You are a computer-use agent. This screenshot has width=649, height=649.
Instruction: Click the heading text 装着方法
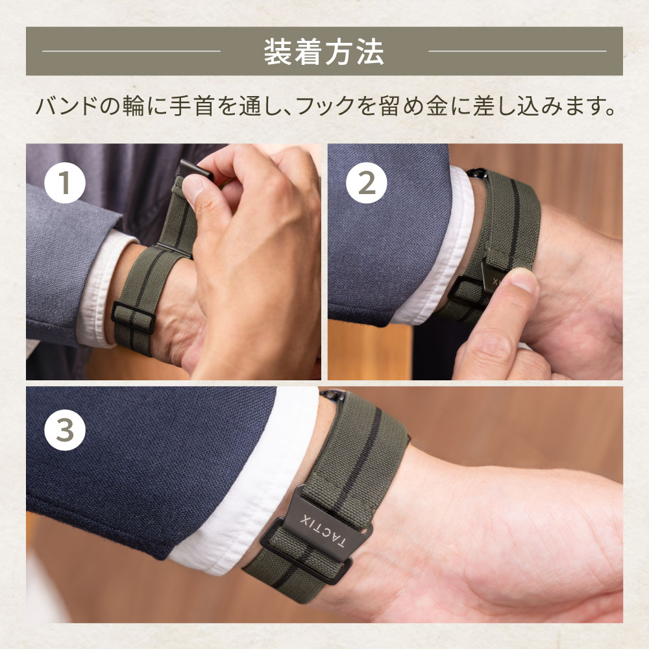tap(324, 52)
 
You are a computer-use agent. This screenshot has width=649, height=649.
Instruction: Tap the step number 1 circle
tap(64, 182)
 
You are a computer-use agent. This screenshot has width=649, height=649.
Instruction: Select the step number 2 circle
tap(366, 182)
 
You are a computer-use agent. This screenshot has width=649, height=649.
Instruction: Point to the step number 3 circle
tap(64, 430)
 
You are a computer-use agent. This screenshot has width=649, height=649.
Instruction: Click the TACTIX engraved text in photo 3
tap(322, 532)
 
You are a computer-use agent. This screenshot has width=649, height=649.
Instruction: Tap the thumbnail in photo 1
tap(193, 188)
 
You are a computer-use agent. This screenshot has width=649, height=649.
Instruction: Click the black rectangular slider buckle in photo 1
tap(134, 318)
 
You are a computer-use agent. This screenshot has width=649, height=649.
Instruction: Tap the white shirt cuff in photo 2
tap(439, 249)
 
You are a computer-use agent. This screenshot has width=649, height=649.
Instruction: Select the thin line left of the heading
tap(131, 51)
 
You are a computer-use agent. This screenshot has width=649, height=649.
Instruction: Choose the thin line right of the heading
tap(517, 51)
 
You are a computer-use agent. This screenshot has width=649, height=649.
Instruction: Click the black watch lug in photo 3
tap(332, 395)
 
